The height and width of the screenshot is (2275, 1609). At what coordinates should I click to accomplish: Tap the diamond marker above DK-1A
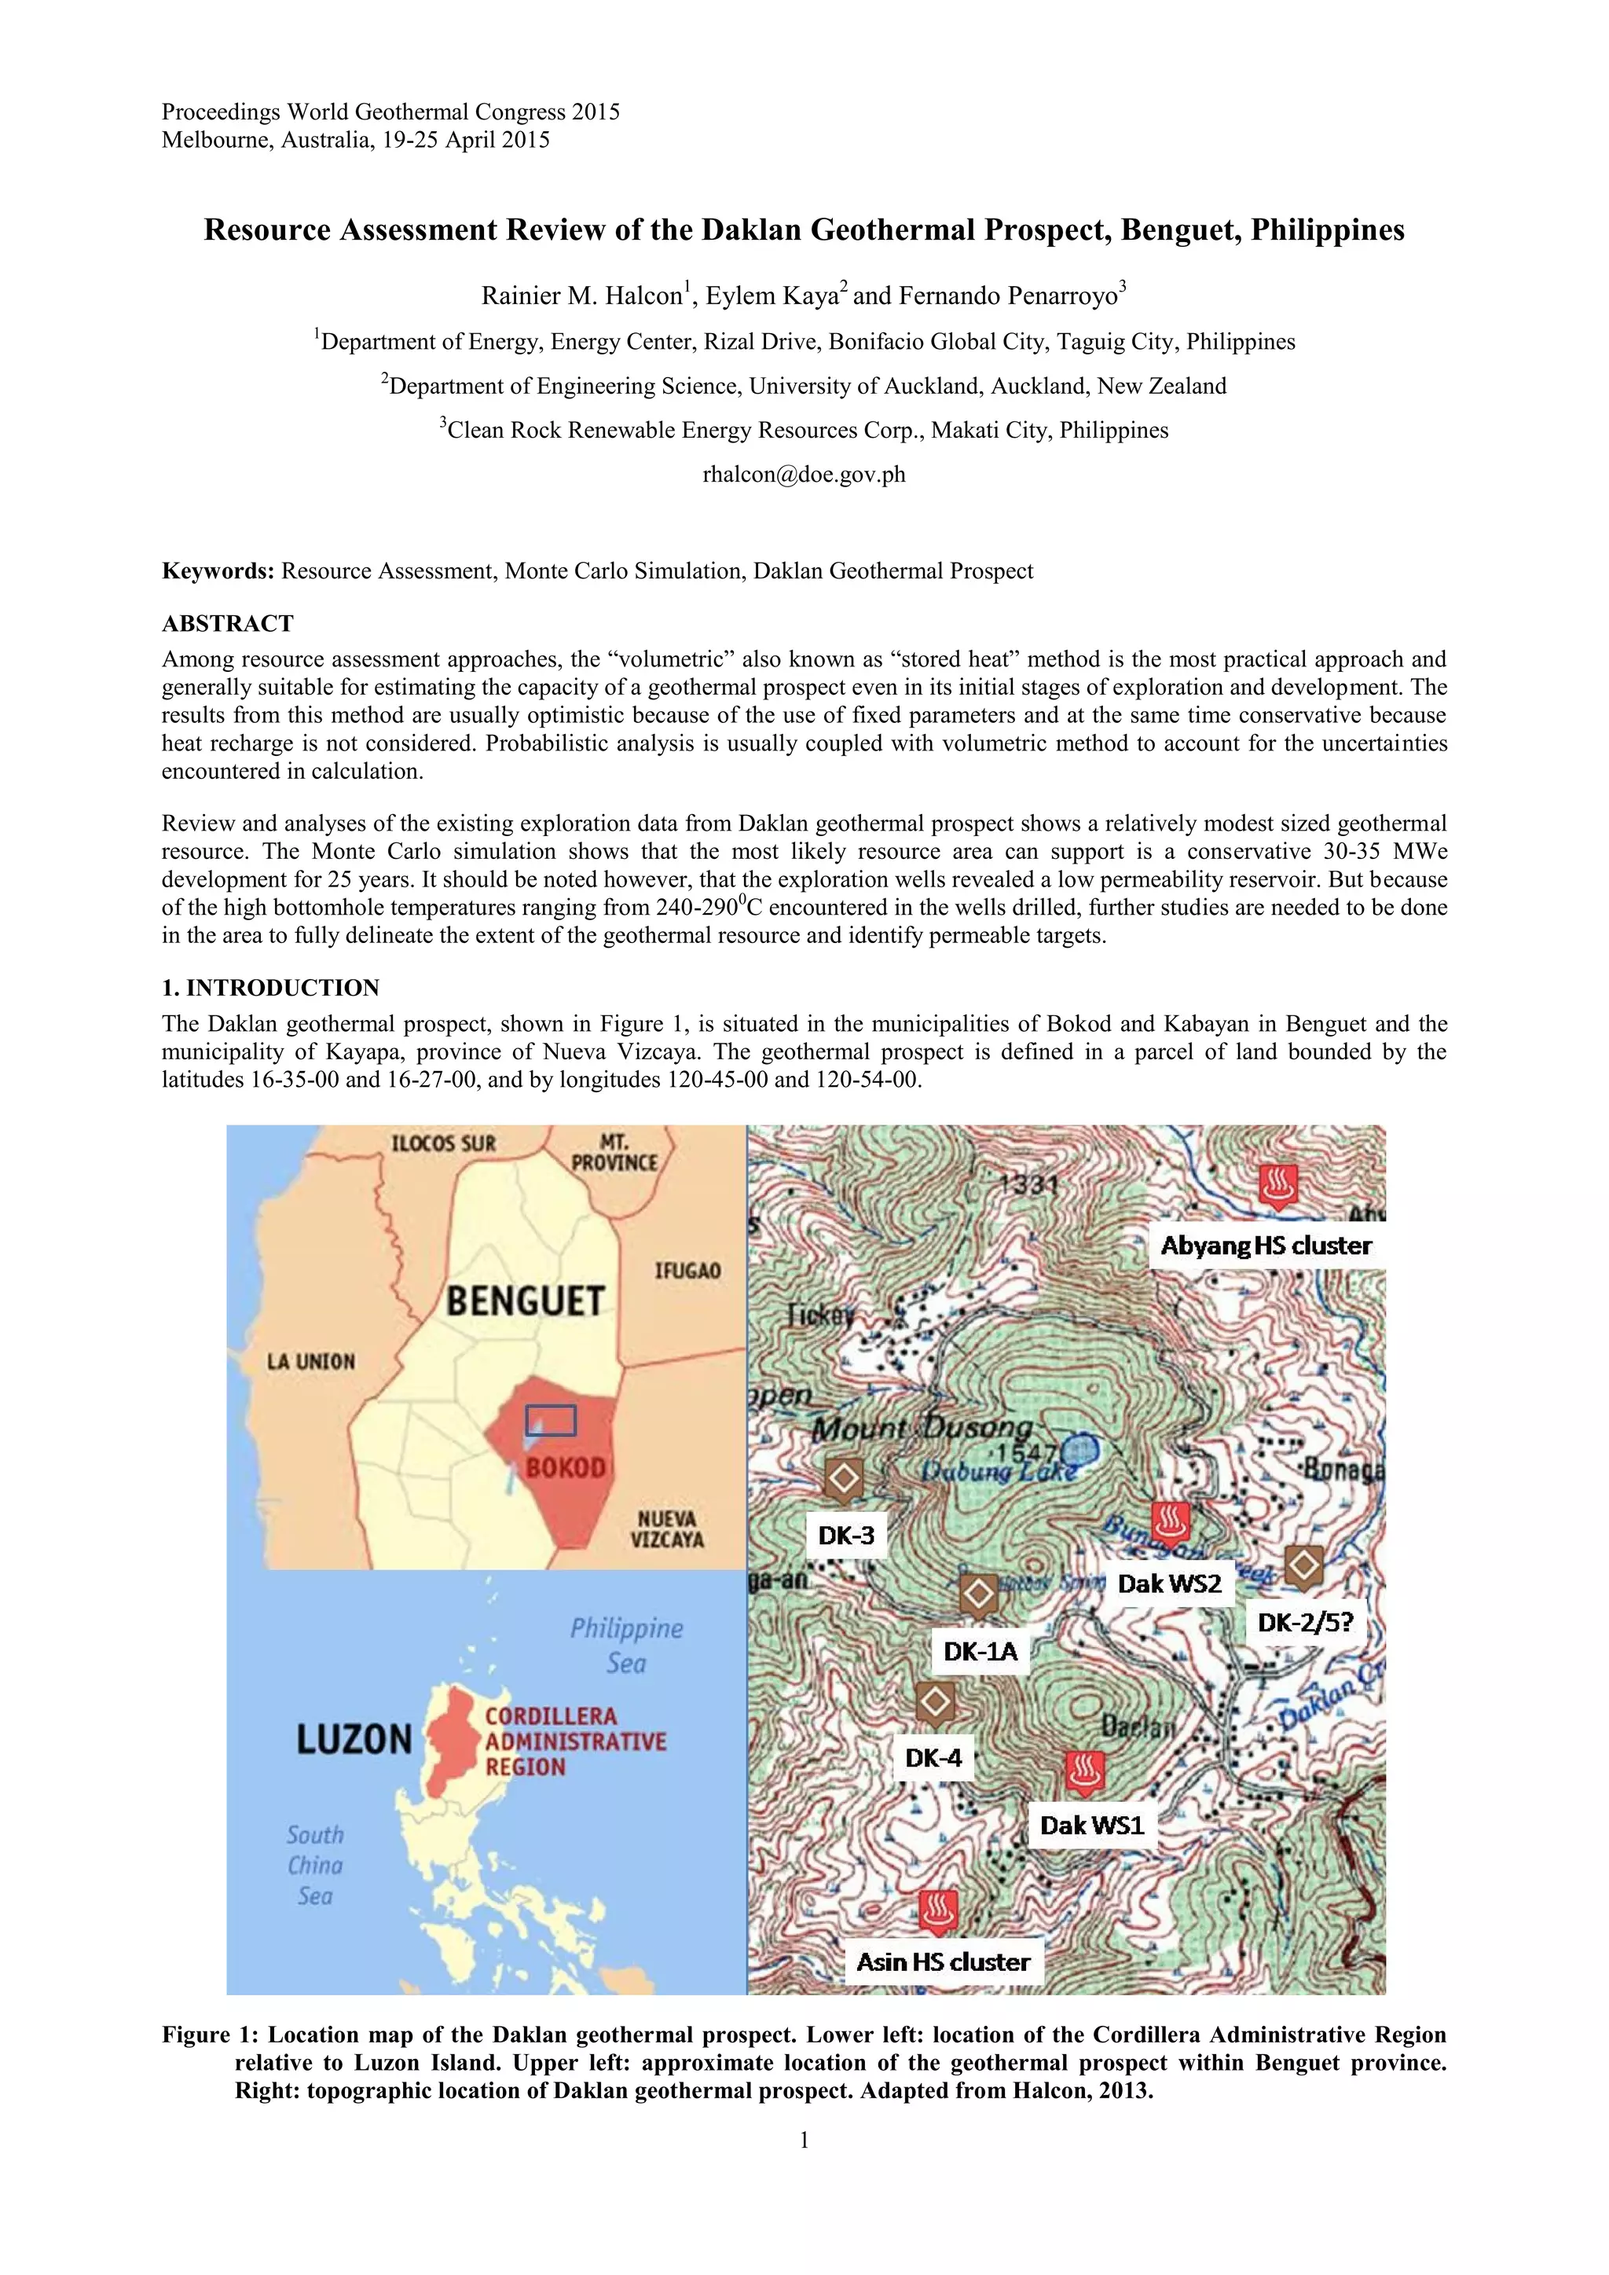point(979,1594)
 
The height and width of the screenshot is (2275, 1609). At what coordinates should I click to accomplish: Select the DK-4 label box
point(933,1758)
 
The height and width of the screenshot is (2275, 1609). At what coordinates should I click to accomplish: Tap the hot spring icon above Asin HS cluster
point(936,1911)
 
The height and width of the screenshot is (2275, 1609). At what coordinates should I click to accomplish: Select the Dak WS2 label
point(1169,1583)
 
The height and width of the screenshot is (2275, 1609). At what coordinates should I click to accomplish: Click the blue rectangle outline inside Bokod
point(551,1421)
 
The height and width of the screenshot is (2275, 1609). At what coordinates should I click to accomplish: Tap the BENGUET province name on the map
point(525,1301)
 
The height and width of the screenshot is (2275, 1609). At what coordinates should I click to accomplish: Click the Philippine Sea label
point(626,1645)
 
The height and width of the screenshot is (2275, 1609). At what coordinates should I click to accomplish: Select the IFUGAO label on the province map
point(687,1270)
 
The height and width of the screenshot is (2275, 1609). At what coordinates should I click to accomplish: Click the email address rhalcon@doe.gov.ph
point(804,475)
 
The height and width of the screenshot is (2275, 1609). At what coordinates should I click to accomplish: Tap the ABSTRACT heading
point(228,623)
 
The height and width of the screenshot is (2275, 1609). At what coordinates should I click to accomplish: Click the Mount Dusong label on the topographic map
point(921,1429)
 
